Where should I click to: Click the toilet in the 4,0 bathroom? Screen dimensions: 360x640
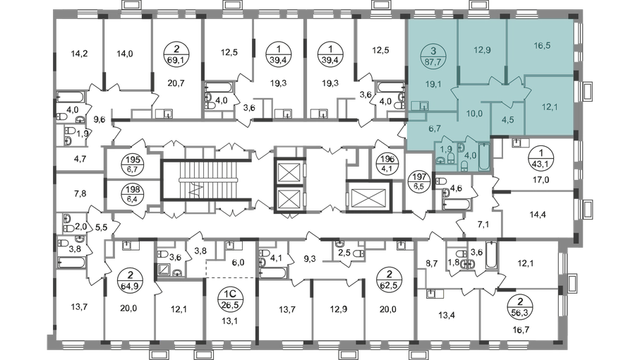coord(464,163)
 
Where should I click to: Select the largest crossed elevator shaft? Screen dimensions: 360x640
coord(366,191)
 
